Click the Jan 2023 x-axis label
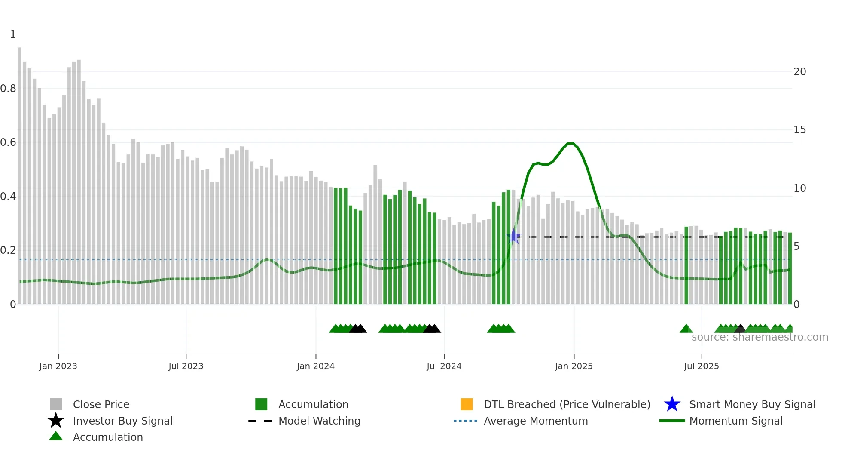click(58, 366)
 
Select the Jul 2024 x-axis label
click(444, 366)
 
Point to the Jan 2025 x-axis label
click(574, 366)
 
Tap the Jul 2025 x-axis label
click(701, 366)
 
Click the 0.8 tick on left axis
click(8, 89)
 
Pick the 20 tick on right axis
click(799, 72)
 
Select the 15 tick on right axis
click(799, 130)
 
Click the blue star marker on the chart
click(513, 236)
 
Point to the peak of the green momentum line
click(570, 143)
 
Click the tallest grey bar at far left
click(20, 172)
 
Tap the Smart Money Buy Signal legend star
click(672, 404)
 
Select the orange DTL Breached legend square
click(467, 404)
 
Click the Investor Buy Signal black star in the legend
click(56, 421)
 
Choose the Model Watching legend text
click(319, 421)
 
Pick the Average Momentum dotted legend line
click(465, 421)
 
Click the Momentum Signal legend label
click(736, 421)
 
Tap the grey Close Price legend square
click(56, 404)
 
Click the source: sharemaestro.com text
click(760, 337)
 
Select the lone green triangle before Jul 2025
click(686, 329)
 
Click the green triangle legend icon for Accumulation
click(56, 436)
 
